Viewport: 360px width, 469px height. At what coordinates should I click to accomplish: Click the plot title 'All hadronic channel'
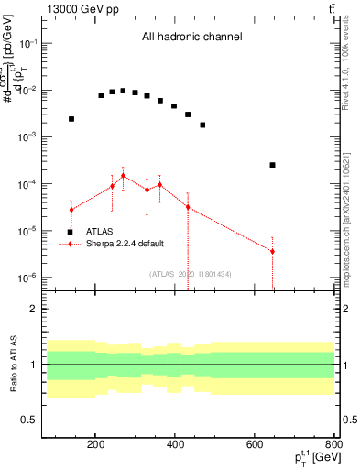(x=191, y=38)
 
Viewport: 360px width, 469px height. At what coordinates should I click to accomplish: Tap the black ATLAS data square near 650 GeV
(x=272, y=165)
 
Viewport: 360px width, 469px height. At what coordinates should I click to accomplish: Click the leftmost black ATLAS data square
(x=71, y=119)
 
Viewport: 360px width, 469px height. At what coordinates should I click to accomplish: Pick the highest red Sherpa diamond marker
(x=123, y=176)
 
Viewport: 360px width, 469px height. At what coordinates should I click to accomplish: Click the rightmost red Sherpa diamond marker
(x=272, y=251)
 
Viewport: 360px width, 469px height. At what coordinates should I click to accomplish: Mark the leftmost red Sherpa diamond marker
(x=71, y=210)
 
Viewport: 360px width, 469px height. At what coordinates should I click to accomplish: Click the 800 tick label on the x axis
(x=334, y=446)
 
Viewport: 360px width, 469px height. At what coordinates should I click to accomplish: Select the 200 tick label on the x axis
(x=95, y=446)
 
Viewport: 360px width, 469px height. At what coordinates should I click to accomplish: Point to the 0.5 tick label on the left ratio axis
(x=29, y=420)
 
